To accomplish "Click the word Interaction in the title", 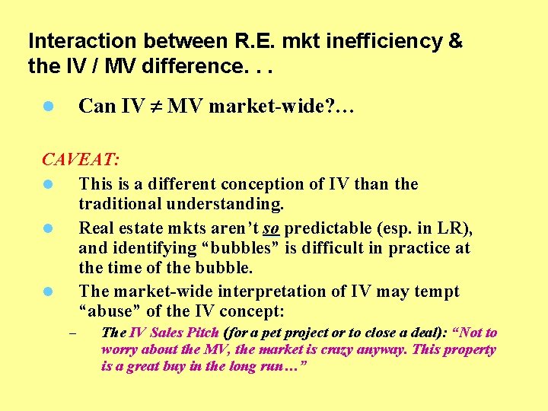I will (72, 41).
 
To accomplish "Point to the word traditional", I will (120, 205).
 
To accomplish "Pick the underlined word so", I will (271, 227).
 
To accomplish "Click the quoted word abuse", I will (106, 312).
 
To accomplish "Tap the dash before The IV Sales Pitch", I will (72, 333).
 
